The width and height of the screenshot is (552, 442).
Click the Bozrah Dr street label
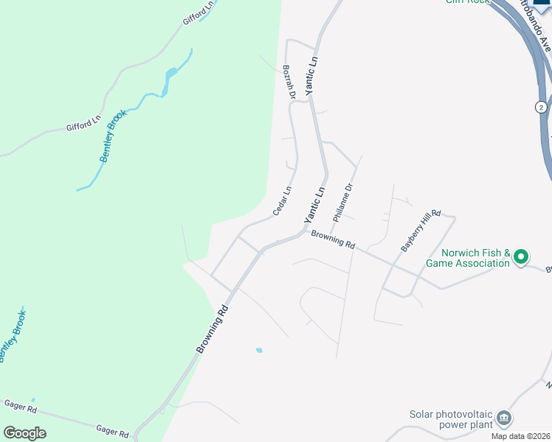[289, 82]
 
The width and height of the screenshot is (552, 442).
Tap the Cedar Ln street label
[282, 200]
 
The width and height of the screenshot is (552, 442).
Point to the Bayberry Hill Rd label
[421, 231]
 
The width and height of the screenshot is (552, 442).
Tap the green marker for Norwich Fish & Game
[521, 257]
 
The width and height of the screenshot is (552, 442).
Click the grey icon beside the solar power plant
[504, 418]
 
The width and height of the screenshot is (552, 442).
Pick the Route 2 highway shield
[541, 107]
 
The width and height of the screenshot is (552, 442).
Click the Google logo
[24, 433]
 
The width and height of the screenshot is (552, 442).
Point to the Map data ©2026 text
[521, 436]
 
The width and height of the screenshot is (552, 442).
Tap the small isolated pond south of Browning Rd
[258, 350]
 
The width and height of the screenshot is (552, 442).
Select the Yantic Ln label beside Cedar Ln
[315, 206]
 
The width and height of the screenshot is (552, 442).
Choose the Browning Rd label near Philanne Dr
[333, 239]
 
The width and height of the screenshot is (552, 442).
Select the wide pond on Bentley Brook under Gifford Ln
[171, 73]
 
